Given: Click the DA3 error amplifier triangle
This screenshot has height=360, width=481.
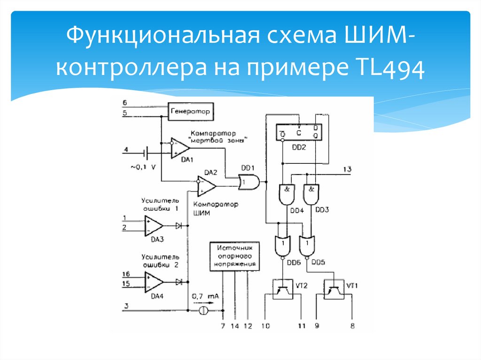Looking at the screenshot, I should [154, 226].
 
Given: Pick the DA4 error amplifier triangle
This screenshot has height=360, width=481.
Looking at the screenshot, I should [154, 282].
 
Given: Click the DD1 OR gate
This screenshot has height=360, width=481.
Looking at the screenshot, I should [247, 182].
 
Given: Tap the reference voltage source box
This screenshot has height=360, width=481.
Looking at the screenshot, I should [235, 256].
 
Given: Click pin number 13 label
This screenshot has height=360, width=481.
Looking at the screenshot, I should [347, 169].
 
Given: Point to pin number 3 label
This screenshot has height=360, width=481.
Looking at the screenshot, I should [125, 306].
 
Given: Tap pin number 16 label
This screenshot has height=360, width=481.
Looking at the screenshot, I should [126, 274].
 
